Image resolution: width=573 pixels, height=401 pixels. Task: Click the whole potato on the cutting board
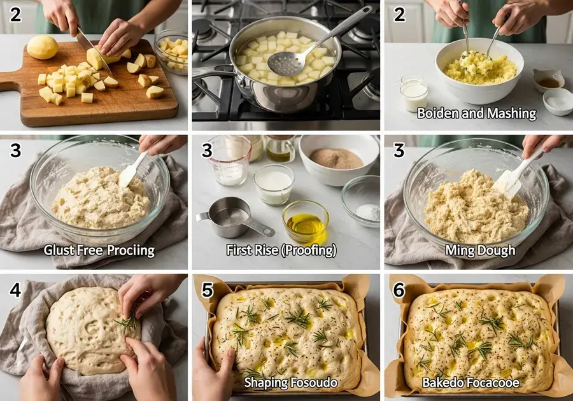(43, 48)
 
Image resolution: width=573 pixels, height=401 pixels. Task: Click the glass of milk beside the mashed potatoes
(414, 95)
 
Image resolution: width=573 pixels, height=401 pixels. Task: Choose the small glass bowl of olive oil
(306, 221)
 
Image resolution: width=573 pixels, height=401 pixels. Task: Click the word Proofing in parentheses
(308, 250)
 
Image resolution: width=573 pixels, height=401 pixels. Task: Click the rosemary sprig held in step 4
(127, 322)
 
